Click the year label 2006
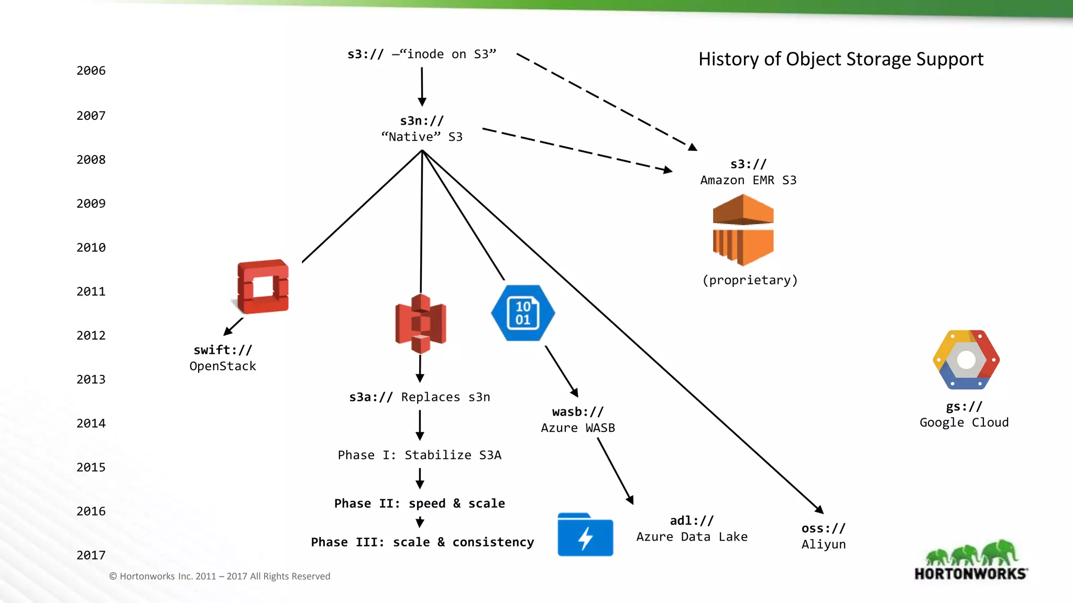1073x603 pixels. tap(91, 71)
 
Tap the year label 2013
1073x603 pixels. tap(91, 379)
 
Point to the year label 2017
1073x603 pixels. tap(91, 555)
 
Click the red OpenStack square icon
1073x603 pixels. tap(262, 287)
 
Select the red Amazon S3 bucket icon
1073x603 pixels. tap(420, 323)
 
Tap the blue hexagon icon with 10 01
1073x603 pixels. tap(523, 313)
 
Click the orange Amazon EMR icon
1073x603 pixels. tap(743, 230)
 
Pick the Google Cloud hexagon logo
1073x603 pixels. tap(966, 360)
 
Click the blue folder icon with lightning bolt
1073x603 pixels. tap(585, 535)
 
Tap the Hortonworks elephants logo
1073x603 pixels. tap(971, 561)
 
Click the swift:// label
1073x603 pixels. tap(223, 350)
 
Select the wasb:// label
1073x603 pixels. tap(577, 412)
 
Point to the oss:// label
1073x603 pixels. tap(823, 529)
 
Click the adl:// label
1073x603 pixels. tap(692, 521)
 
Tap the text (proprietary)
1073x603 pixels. tap(750, 280)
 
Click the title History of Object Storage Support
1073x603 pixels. tap(840, 59)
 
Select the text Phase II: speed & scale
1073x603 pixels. tap(420, 504)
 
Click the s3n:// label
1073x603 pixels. tap(422, 121)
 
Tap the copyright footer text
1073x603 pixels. tap(220, 576)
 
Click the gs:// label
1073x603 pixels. tap(964, 407)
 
